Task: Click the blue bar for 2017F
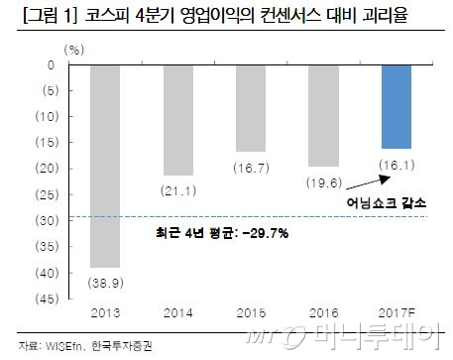(x=396, y=107)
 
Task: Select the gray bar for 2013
(x=105, y=167)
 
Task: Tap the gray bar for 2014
(x=178, y=120)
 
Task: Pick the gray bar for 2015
(x=251, y=108)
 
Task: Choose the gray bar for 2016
(x=324, y=116)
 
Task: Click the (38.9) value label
(x=106, y=283)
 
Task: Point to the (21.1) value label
(x=178, y=190)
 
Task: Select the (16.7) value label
(x=251, y=168)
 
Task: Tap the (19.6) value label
(x=324, y=182)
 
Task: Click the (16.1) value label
(x=396, y=165)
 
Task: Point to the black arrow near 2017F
(x=368, y=182)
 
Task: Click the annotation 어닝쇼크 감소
(x=387, y=202)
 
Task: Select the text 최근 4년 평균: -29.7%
(x=222, y=233)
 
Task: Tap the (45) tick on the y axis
(x=47, y=299)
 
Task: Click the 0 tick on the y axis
(x=51, y=65)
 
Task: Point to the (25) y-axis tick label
(x=47, y=194)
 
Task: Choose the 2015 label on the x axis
(x=251, y=312)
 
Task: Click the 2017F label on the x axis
(x=396, y=312)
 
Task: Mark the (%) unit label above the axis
(x=74, y=50)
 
